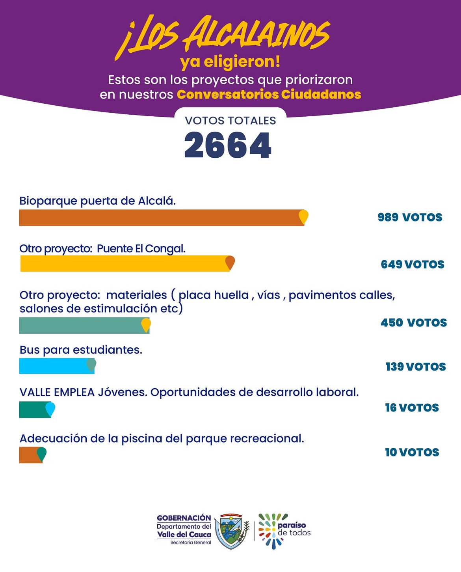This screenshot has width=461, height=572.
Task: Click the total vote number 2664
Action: [228, 145]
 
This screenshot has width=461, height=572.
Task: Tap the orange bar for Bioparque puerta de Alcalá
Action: [158, 218]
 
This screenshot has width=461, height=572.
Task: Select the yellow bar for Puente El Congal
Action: [122, 263]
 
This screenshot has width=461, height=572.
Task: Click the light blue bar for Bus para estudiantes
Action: [53, 366]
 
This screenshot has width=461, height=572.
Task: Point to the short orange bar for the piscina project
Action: [28, 455]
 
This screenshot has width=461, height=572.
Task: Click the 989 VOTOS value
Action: [410, 217]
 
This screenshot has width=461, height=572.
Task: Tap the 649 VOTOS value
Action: [412, 264]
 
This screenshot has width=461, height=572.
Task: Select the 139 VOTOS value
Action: [415, 367]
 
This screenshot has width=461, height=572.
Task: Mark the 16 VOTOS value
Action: [412, 408]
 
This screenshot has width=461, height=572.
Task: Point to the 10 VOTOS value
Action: [412, 452]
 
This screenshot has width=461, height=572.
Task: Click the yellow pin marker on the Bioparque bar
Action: [303, 216]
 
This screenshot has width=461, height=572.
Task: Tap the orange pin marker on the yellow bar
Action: [230, 263]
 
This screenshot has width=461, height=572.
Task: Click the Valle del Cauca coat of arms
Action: [232, 531]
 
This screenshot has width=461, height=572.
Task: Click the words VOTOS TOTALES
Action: [230, 121]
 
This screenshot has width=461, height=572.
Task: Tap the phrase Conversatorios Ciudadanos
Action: [269, 95]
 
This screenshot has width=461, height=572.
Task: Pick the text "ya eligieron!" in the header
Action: [230, 62]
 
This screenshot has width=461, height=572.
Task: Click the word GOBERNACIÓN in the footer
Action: [184, 518]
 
